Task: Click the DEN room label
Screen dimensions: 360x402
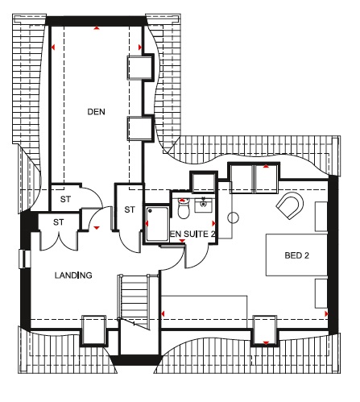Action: (x=96, y=112)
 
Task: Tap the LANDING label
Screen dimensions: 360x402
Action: (x=73, y=276)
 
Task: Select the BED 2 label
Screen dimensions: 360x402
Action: (x=296, y=255)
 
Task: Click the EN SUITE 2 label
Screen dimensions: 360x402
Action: (x=192, y=234)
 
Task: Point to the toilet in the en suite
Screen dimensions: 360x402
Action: (x=184, y=209)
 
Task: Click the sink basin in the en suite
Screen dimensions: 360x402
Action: (x=204, y=205)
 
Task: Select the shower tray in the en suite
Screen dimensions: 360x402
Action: (x=157, y=223)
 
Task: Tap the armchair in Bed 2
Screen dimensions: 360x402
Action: (x=290, y=205)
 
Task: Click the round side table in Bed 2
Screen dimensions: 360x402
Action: (x=233, y=218)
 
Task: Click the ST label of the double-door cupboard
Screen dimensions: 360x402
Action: (x=59, y=222)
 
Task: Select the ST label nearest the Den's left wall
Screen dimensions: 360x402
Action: (x=65, y=199)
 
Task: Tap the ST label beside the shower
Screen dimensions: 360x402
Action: (x=130, y=209)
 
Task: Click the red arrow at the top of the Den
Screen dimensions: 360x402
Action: (x=97, y=27)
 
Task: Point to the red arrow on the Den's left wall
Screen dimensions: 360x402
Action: (x=53, y=48)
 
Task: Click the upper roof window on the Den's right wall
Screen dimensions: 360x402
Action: (x=140, y=67)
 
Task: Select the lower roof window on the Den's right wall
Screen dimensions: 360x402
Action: (x=140, y=129)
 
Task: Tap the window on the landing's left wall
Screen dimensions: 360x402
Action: (x=25, y=259)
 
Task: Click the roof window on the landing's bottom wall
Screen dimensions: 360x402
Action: (x=93, y=330)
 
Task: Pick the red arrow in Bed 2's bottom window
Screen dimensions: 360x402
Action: (x=266, y=343)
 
